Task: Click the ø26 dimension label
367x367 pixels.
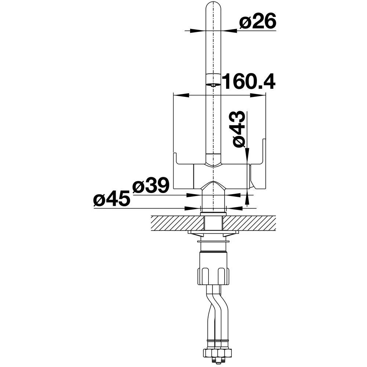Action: coord(258,21)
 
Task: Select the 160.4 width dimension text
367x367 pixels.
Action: coord(248,82)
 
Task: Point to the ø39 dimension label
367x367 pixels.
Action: coord(150,185)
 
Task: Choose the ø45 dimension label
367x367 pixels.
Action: coord(112,198)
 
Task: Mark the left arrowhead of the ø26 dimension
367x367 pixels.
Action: coord(196,31)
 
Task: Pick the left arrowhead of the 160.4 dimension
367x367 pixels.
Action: coord(181,95)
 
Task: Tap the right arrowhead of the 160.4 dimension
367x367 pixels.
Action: coord(258,95)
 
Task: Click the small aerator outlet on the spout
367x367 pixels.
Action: coord(212,85)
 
